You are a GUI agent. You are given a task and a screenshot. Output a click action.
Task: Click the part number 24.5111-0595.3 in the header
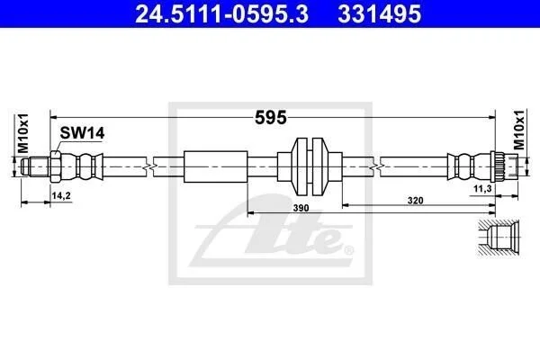pyautogui.click(x=221, y=14)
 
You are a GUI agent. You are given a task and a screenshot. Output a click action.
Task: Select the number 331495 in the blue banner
pyautogui.click(x=379, y=14)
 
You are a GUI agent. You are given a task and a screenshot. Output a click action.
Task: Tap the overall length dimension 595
pyautogui.click(x=271, y=118)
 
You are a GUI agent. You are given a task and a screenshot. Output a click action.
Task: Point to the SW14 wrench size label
pyautogui.click(x=82, y=133)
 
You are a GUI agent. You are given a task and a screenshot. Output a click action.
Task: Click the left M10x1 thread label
pyautogui.click(x=23, y=134)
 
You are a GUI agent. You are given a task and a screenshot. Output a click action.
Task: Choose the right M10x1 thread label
pyautogui.click(x=519, y=130)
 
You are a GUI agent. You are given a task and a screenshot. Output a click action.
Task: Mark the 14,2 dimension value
pyautogui.click(x=61, y=195)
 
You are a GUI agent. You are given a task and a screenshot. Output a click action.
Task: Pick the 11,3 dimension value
pyautogui.click(x=482, y=188)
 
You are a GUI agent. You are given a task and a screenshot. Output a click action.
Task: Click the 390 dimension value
pyautogui.click(x=301, y=208)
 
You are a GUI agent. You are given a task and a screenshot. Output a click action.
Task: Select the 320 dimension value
pyautogui.click(x=415, y=200)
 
